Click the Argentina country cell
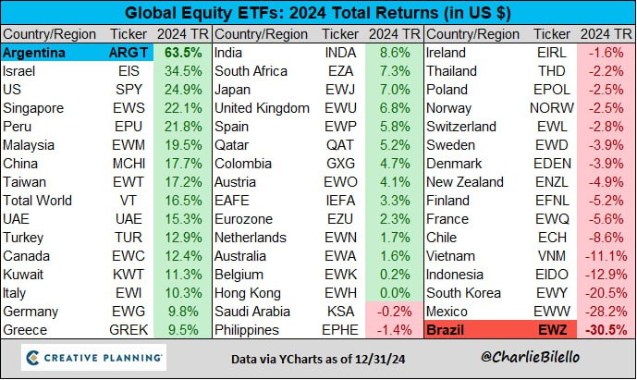click(35, 53)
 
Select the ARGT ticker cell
click(128, 53)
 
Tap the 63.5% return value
click(183, 53)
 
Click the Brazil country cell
click(447, 328)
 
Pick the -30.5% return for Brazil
click(605, 328)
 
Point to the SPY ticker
click(128, 90)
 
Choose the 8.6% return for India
click(394, 53)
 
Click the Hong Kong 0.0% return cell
click(394, 291)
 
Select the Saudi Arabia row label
click(251, 310)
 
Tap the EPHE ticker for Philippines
click(341, 328)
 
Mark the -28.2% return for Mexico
click(605, 310)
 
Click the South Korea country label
click(464, 291)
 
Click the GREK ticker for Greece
click(128, 328)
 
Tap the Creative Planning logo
click(93, 357)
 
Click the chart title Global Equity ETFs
click(318, 13)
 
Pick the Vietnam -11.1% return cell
click(605, 255)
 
